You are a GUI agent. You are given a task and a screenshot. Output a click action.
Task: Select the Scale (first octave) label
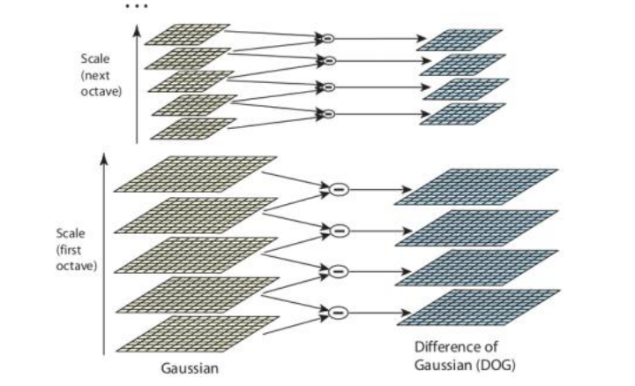tap(71, 251)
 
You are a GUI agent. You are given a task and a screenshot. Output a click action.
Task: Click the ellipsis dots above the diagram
tap(138, 7)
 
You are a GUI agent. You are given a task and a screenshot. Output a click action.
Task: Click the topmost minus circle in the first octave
tap(339, 189)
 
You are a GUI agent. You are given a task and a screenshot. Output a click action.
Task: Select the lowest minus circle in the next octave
tap(328, 113)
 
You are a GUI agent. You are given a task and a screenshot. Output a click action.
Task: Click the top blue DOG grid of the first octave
tap(477, 187)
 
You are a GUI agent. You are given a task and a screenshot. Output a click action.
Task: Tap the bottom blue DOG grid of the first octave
tap(477, 307)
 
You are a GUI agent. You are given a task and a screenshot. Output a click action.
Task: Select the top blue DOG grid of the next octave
tap(459, 40)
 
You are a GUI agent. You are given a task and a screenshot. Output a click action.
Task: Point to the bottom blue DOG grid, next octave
tap(460, 113)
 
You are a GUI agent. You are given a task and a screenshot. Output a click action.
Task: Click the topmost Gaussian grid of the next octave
tap(187, 34)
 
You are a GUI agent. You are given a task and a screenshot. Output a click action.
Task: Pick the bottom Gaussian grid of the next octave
tap(193, 129)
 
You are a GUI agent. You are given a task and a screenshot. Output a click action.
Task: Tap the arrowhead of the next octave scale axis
tap(137, 29)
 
